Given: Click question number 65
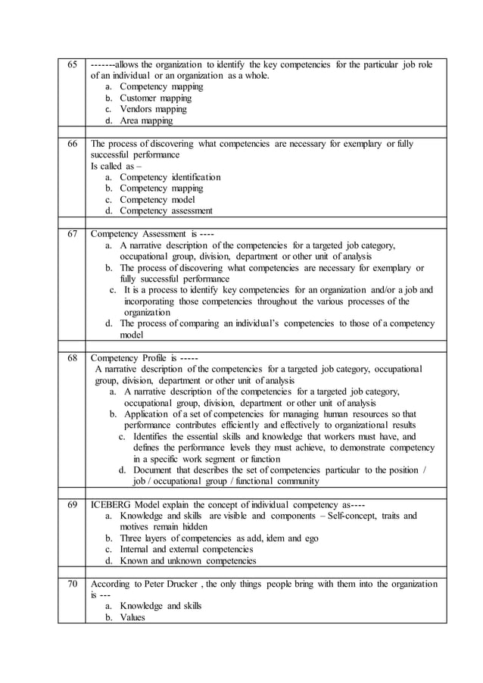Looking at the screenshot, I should point(73,64).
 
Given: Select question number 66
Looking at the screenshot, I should point(73,143).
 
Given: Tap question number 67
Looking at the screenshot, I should point(73,234).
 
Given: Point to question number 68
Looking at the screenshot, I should point(73,357).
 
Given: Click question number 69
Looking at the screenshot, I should point(73,504).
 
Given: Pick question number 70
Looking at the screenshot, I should point(73,584).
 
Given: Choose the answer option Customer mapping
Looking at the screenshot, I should point(155,98).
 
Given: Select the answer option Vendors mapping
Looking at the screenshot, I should point(153,109).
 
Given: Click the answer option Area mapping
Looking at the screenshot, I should point(146,120).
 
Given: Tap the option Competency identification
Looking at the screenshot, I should point(170,176).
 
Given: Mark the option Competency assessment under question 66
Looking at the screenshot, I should point(166,211).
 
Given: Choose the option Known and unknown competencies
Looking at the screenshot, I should point(188,561).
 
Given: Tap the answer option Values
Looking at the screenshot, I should point(132,617).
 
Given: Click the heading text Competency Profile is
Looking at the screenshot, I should point(139,357).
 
